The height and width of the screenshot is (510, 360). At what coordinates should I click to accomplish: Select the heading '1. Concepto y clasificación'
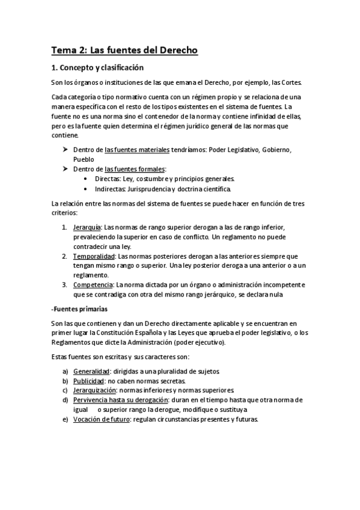(97, 67)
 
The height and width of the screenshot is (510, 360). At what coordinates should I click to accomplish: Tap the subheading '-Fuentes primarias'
(79, 309)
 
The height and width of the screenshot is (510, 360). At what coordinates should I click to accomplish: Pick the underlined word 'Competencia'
(93, 284)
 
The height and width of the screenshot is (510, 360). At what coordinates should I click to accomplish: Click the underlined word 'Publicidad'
(89, 381)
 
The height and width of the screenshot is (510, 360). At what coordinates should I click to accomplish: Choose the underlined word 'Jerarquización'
(96, 390)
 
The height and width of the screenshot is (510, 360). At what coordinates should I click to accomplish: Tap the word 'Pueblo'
(84, 159)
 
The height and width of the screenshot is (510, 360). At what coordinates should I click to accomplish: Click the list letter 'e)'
(66, 419)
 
